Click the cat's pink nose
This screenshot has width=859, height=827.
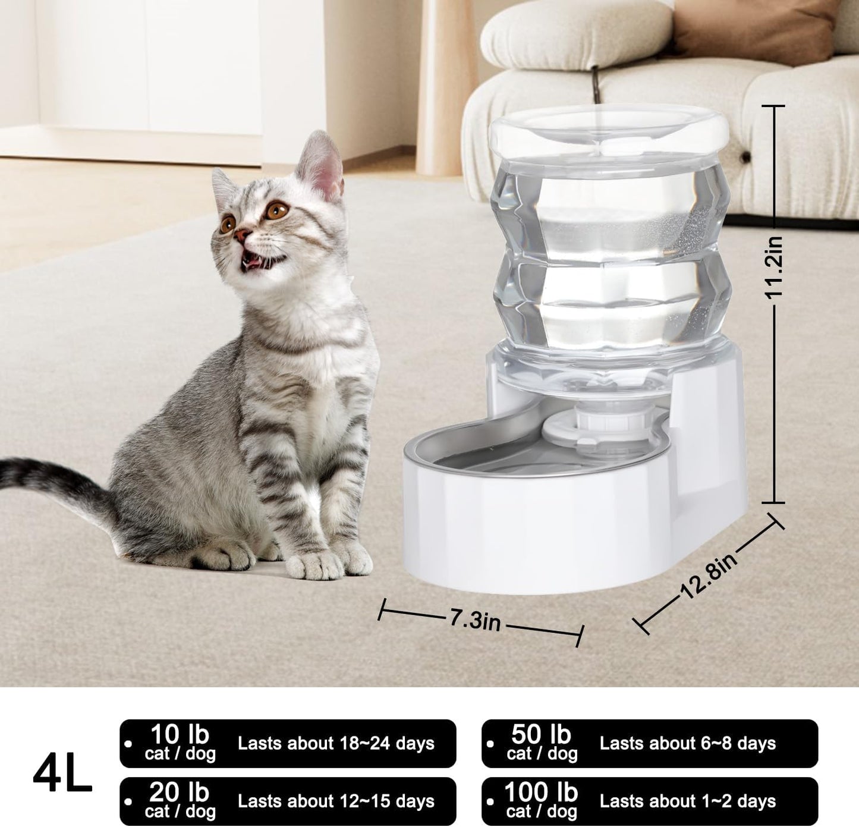click(x=241, y=235)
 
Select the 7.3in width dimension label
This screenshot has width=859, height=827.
click(x=474, y=621)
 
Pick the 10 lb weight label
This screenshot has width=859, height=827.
click(x=180, y=735)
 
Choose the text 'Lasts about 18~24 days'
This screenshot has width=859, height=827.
click(x=336, y=743)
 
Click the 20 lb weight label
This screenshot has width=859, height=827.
click(x=180, y=793)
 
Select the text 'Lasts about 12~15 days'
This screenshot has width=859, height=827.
click(x=336, y=801)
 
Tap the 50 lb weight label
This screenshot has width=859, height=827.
click(x=541, y=735)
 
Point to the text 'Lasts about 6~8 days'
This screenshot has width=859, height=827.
click(x=688, y=743)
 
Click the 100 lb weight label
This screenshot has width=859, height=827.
click(x=541, y=793)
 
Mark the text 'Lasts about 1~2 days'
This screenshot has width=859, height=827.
click(x=688, y=801)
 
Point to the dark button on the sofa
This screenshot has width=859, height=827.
click(x=745, y=157)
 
